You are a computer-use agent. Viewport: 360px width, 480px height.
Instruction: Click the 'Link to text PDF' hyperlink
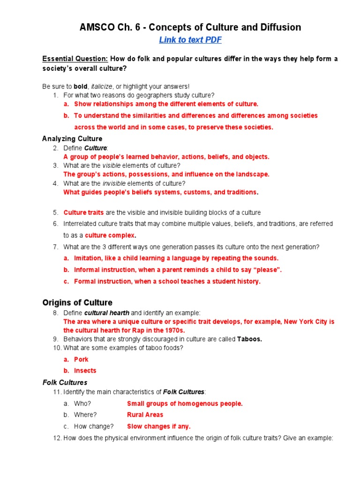tap(190, 40)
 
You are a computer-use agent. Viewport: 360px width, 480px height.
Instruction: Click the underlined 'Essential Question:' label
tap(75, 59)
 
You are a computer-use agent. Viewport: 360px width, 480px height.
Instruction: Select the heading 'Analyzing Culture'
tap(72, 139)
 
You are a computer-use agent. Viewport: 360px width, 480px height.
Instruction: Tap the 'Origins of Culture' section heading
tap(77, 302)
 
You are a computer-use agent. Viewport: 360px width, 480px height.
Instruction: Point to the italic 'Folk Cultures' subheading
tap(65, 382)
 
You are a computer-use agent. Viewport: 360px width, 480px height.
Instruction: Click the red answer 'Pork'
tap(81, 360)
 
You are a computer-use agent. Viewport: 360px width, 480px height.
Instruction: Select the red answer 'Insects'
tap(85, 371)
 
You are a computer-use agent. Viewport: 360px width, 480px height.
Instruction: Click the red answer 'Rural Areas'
tap(145, 415)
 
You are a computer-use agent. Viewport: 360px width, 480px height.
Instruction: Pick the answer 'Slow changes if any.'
tap(158, 427)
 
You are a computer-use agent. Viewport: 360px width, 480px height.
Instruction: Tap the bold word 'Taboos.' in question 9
tap(249, 339)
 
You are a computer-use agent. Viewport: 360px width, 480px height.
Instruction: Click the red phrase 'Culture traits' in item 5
tap(83, 212)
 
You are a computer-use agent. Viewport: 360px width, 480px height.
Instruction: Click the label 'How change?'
tap(94, 427)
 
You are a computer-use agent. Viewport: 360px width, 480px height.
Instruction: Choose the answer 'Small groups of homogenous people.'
tap(185, 404)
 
